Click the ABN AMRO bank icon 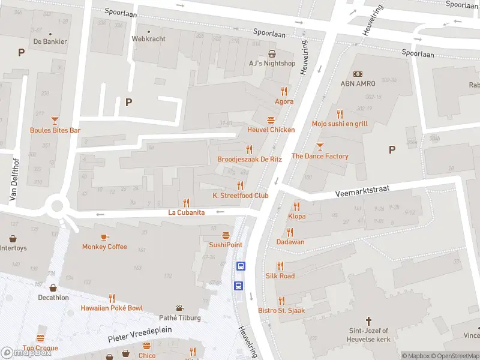point(358,74)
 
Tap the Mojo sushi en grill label point(340,124)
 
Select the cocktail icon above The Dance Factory point(320,146)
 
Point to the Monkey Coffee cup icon point(104,237)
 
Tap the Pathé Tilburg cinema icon point(180,308)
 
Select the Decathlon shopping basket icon point(53,288)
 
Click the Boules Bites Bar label point(55,130)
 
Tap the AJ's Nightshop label point(272,63)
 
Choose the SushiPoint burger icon point(226,235)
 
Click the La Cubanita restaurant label point(187,212)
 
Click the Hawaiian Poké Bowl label point(112,308)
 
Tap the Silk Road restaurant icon point(280,266)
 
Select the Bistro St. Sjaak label point(281,310)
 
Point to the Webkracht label point(148,38)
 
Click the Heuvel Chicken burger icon point(271,120)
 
